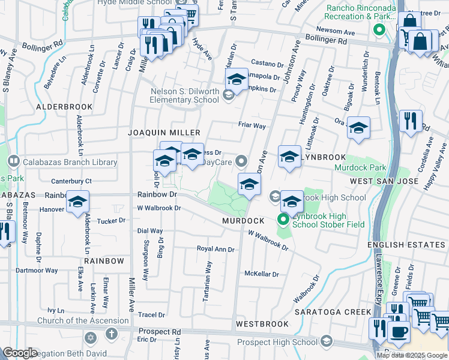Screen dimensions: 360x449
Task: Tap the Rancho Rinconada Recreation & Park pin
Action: pyautogui.click(x=378, y=29)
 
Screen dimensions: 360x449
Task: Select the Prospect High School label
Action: pyautogui.click(x=277, y=342)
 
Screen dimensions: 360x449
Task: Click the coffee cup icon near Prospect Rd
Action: pyautogui.click(x=398, y=331)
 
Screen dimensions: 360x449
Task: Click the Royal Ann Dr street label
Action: pyautogui.click(x=215, y=249)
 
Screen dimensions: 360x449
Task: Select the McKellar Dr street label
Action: pyautogui.click(x=262, y=274)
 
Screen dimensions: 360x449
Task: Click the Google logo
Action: pyautogui.click(x=19, y=353)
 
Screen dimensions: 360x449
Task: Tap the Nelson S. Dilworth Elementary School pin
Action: pyautogui.click(x=228, y=94)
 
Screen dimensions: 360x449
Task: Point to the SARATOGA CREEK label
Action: pyautogui.click(x=333, y=312)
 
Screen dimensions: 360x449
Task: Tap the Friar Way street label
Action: pyautogui.click(x=251, y=126)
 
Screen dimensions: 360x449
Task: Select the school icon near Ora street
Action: pyautogui.click(x=358, y=128)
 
